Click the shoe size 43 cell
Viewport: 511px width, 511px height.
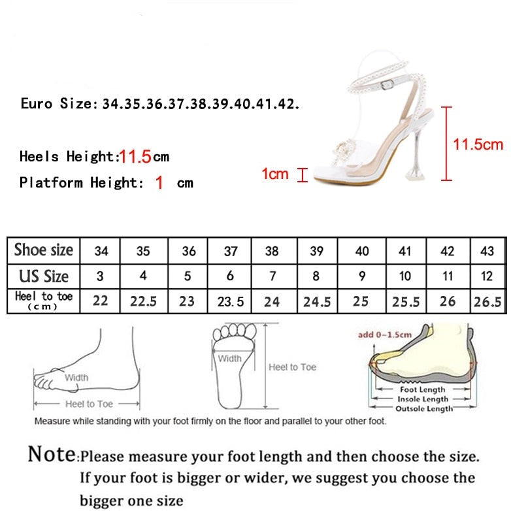(487, 251)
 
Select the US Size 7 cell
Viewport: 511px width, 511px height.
(272, 276)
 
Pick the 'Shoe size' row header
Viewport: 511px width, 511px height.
(44, 250)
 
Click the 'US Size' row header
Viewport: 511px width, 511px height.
(44, 276)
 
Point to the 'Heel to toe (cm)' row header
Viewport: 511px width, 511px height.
(44, 300)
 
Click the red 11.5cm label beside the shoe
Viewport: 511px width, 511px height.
(478, 144)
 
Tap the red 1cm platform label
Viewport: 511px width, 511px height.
(274, 174)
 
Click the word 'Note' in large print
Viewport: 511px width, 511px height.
(52, 453)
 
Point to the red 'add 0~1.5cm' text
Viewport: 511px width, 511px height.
(384, 335)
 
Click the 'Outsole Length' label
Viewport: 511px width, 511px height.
(424, 408)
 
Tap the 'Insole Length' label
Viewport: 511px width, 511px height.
(423, 399)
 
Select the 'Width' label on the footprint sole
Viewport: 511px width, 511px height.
(229, 358)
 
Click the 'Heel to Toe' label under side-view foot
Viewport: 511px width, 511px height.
(89, 404)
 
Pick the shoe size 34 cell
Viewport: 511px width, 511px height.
(101, 251)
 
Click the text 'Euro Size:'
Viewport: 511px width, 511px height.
(59, 104)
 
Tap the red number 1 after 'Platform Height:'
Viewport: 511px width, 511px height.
(159, 182)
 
